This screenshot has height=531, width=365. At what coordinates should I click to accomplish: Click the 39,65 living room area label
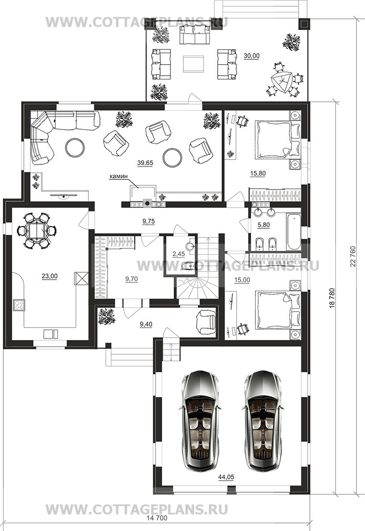click(145, 163)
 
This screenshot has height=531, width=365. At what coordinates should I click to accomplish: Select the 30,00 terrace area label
click(252, 56)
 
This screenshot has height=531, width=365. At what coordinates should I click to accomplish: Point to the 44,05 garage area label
click(226, 477)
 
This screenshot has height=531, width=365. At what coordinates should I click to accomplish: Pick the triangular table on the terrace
click(281, 81)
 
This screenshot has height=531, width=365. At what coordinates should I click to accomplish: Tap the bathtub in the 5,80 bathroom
click(293, 232)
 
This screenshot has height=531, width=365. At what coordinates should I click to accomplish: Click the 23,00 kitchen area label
click(49, 276)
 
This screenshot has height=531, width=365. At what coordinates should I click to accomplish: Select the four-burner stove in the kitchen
click(19, 305)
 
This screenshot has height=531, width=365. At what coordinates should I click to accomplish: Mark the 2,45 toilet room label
click(178, 254)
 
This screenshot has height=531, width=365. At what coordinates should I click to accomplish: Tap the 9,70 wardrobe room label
click(131, 279)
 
